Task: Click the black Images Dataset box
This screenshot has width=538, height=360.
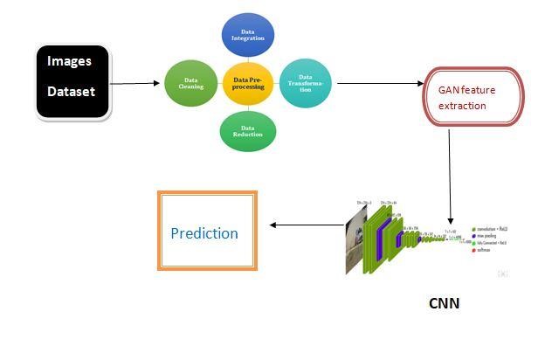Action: [x=73, y=81]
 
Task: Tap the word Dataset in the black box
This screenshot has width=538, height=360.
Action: [x=72, y=90]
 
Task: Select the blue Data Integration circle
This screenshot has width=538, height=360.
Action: [x=245, y=34]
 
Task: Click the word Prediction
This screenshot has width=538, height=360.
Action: [x=204, y=233]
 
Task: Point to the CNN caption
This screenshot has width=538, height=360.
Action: [x=444, y=305]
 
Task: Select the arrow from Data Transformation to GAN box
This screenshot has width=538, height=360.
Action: [x=380, y=84]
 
